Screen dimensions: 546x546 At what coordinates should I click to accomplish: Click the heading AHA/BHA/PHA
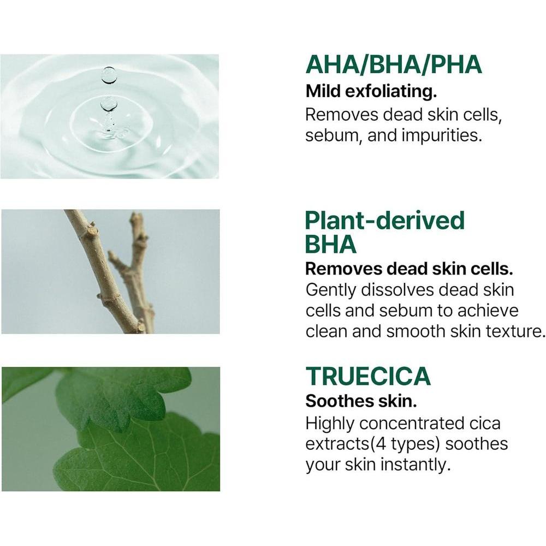(394, 64)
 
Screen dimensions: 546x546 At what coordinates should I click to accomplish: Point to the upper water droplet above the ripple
(109, 75)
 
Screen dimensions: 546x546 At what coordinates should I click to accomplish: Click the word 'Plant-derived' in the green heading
(384, 221)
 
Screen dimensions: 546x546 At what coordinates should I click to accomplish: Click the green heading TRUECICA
(368, 376)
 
